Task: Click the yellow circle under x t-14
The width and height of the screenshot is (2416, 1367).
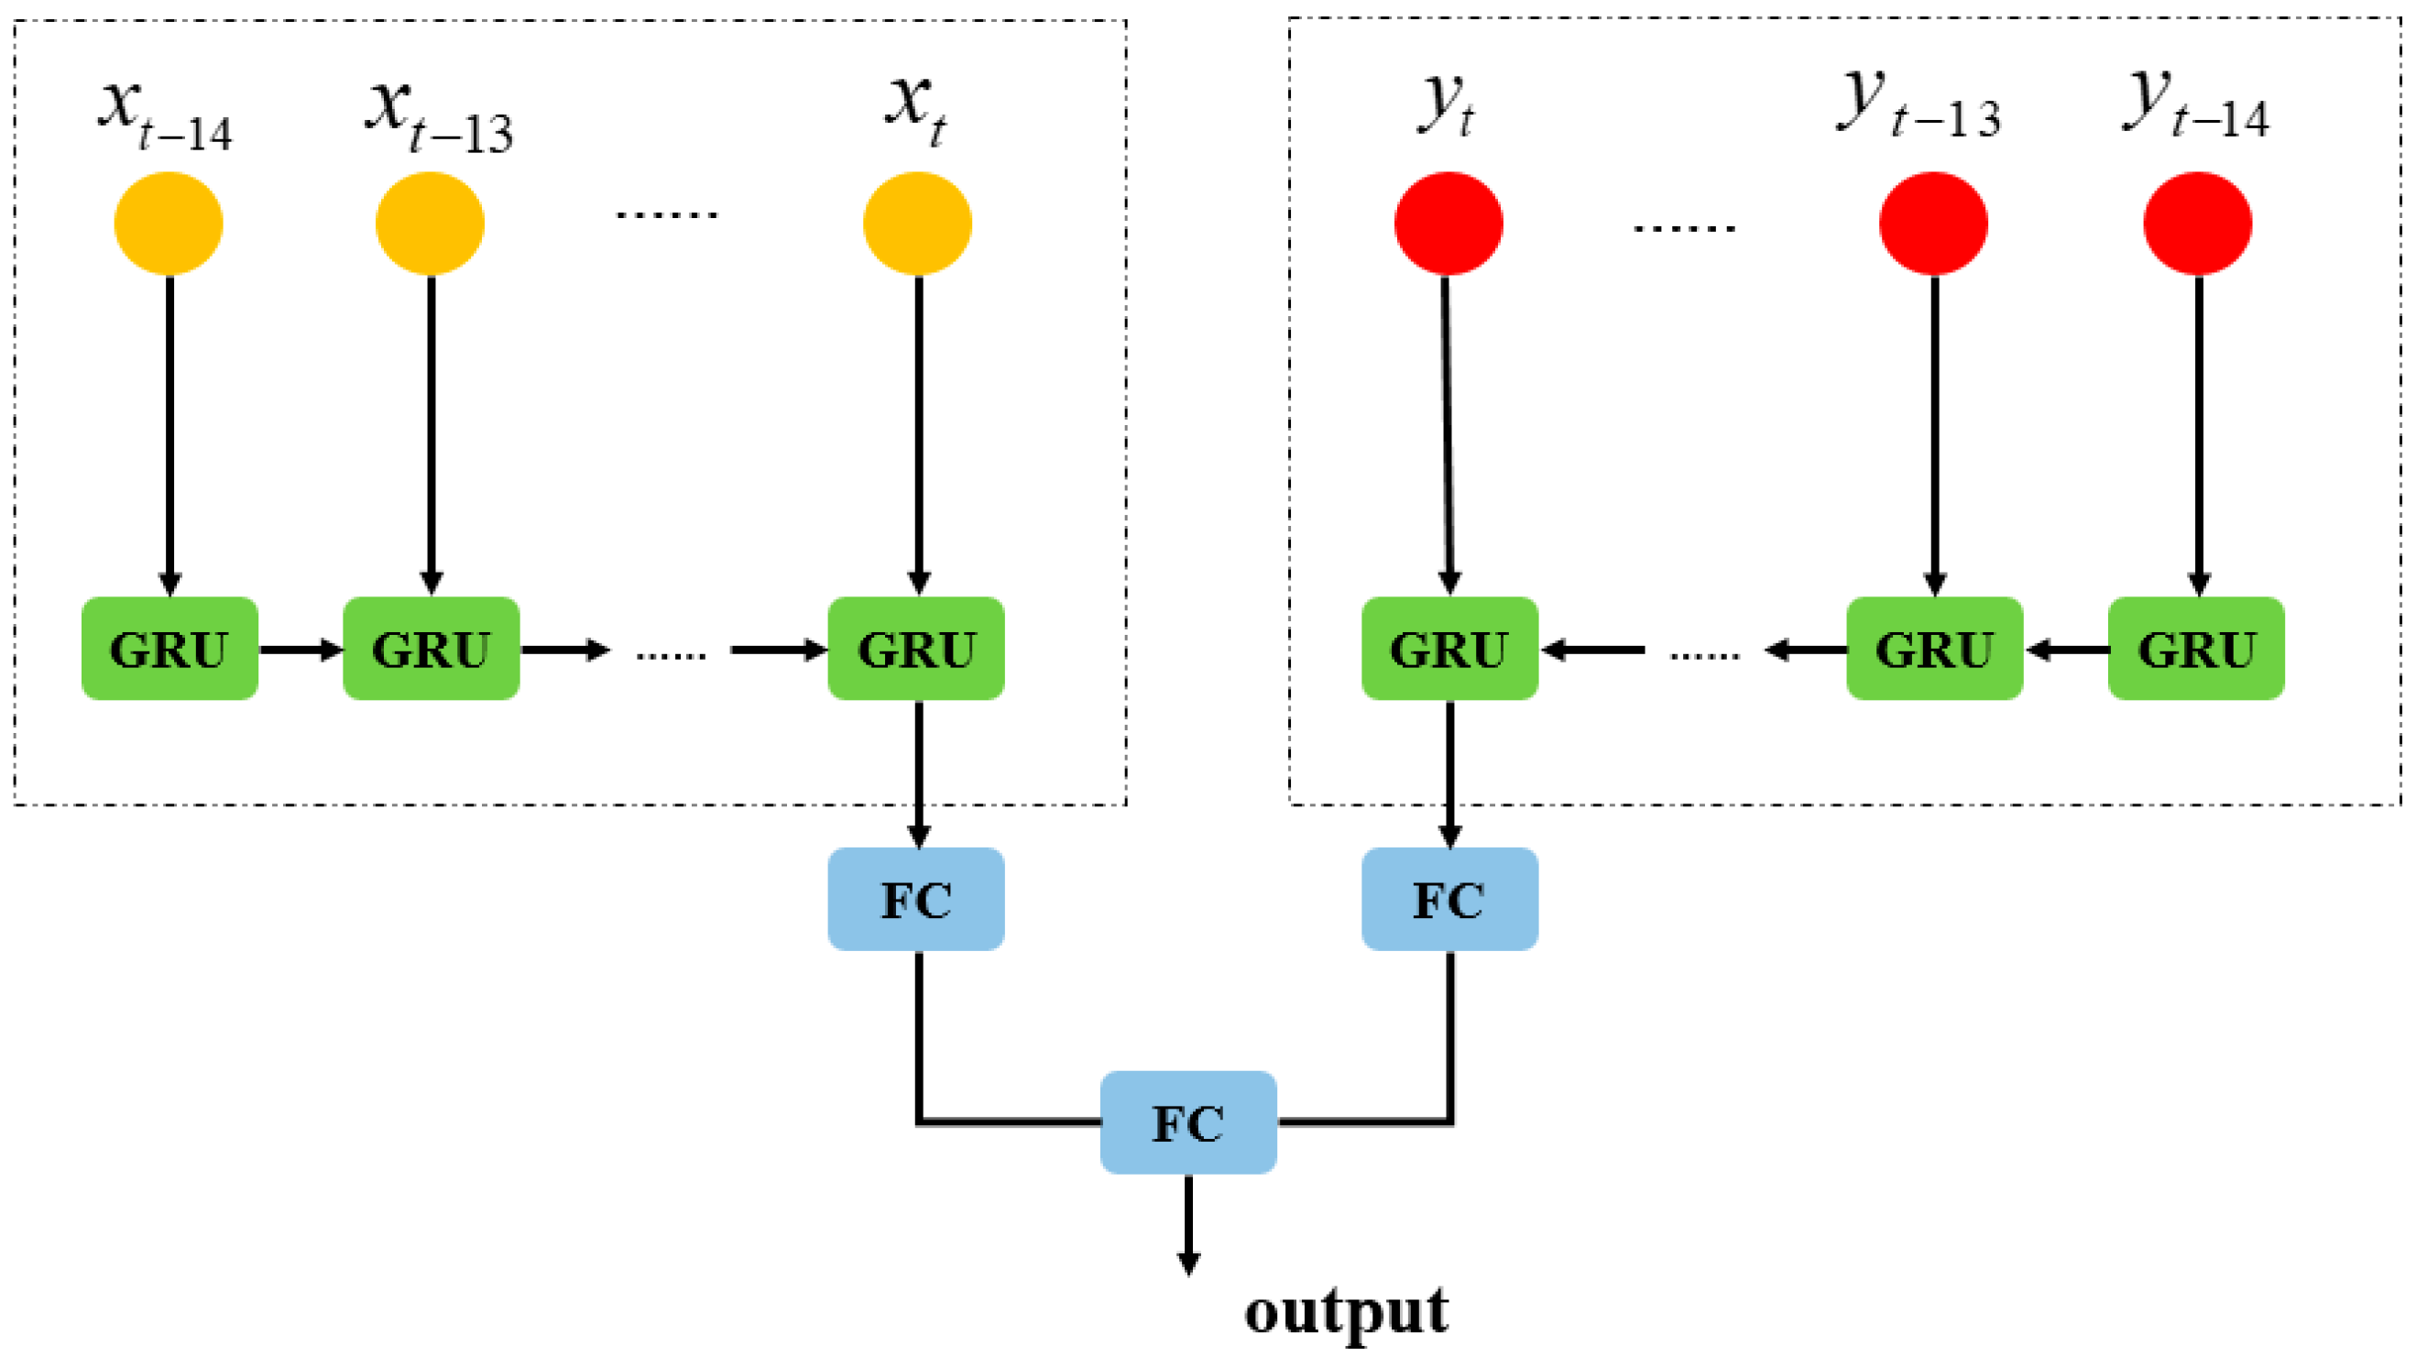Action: tap(168, 224)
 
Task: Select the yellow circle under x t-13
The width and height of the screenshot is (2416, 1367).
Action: tap(430, 224)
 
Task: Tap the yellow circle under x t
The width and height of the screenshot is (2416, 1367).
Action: tap(917, 224)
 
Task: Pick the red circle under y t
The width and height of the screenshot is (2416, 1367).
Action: tap(1449, 224)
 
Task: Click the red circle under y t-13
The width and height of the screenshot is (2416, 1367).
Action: tap(1932, 224)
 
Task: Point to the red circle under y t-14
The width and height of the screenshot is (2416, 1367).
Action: tap(2197, 224)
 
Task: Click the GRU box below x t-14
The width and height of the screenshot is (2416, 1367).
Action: tap(169, 648)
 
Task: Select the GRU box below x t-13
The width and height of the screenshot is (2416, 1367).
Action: tap(431, 648)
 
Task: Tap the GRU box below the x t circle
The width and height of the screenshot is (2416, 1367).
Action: tap(916, 648)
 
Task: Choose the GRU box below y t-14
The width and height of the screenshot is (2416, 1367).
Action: tap(2196, 648)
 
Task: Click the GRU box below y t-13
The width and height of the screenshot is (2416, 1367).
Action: tap(1934, 648)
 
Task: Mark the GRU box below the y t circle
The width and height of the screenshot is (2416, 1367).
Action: tap(1449, 648)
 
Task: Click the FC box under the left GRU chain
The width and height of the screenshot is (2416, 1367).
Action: tap(916, 900)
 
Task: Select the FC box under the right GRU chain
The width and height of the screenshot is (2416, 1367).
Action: tap(1449, 900)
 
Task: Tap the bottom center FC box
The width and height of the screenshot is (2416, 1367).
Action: tap(1188, 1122)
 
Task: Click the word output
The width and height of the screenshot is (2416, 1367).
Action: tap(1346, 1312)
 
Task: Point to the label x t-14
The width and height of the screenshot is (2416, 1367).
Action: tap(165, 113)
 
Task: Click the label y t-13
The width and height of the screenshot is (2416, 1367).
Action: tap(1917, 105)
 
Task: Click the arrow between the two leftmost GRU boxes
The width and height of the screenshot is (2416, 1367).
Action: tap(301, 649)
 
